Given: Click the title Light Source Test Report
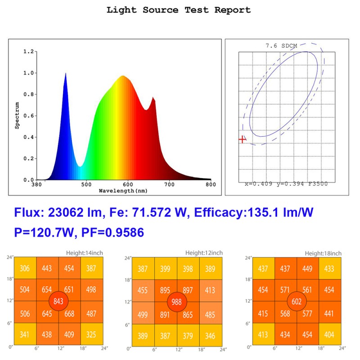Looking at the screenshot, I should (x=179, y=10).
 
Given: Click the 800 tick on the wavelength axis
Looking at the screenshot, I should (x=211, y=184).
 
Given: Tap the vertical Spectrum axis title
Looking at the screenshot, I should (x=17, y=115).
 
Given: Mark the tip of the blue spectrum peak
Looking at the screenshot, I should (x=66, y=73).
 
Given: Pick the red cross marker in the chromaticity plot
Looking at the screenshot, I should (x=242, y=139).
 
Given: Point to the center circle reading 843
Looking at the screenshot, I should (x=58, y=301).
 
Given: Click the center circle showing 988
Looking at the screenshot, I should (x=177, y=302).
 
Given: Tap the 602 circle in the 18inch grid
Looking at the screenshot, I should (x=297, y=301).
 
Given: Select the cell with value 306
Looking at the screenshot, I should (x=25, y=269).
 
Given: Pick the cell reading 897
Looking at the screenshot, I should (x=188, y=291).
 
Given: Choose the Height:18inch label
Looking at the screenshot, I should (x=323, y=253).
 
